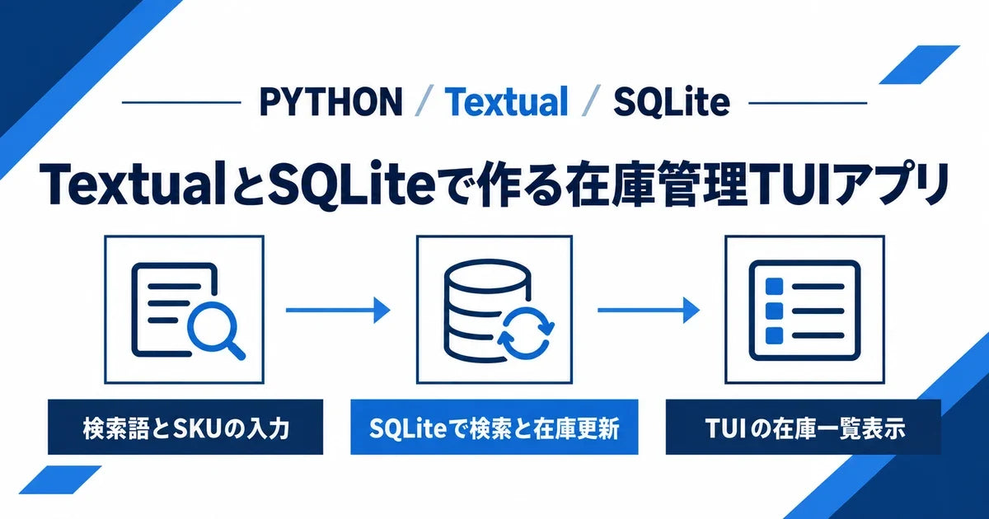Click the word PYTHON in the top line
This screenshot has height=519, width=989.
[331, 101]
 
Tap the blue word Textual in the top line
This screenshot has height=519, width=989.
[506, 101]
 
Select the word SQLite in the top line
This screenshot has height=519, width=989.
[671, 101]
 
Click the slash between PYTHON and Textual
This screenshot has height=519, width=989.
[424, 101]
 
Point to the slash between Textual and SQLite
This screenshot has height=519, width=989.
[591, 101]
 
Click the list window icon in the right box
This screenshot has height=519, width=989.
[804, 311]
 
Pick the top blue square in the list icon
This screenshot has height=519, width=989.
[774, 286]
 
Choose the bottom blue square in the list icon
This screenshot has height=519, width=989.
[774, 335]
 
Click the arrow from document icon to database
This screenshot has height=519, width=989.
[338, 310]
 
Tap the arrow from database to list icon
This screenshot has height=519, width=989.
[649, 310]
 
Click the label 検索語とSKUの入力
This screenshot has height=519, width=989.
[185, 428]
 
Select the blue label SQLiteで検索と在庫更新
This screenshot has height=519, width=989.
[494, 428]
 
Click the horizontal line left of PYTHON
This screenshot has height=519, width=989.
[181, 102]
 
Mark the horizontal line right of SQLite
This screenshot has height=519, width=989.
[808, 103]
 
